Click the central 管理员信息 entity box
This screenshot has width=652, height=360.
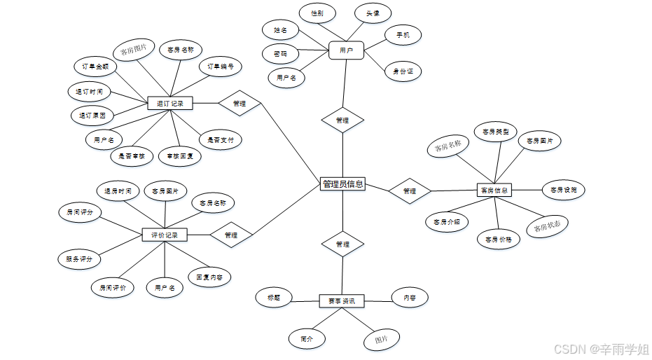pyautogui.click(x=342, y=184)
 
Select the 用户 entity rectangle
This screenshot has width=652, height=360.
pyautogui.click(x=346, y=50)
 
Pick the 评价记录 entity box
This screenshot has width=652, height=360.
pyautogui.click(x=165, y=235)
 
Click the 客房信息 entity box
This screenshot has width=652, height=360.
pyautogui.click(x=494, y=190)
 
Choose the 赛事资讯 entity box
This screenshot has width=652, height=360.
pyautogui.click(x=342, y=301)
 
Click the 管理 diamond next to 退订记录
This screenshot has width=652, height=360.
pyautogui.click(x=239, y=104)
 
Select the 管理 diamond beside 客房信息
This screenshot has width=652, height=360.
pyautogui.click(x=410, y=191)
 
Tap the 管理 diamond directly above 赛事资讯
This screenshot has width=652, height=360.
pyautogui.click(x=342, y=244)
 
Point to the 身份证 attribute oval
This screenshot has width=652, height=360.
pyautogui.click(x=403, y=71)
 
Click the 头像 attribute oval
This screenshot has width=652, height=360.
pyautogui.click(x=373, y=13)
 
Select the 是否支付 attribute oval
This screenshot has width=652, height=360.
pyautogui.click(x=221, y=140)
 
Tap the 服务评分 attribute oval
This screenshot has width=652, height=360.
pyautogui.click(x=79, y=259)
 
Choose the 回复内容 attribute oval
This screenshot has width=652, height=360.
pyautogui.click(x=209, y=278)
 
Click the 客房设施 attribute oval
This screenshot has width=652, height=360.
pyautogui.click(x=563, y=190)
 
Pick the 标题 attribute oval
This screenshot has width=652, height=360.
pyautogui.click(x=273, y=297)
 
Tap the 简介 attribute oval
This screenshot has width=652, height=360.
pyautogui.click(x=307, y=338)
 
